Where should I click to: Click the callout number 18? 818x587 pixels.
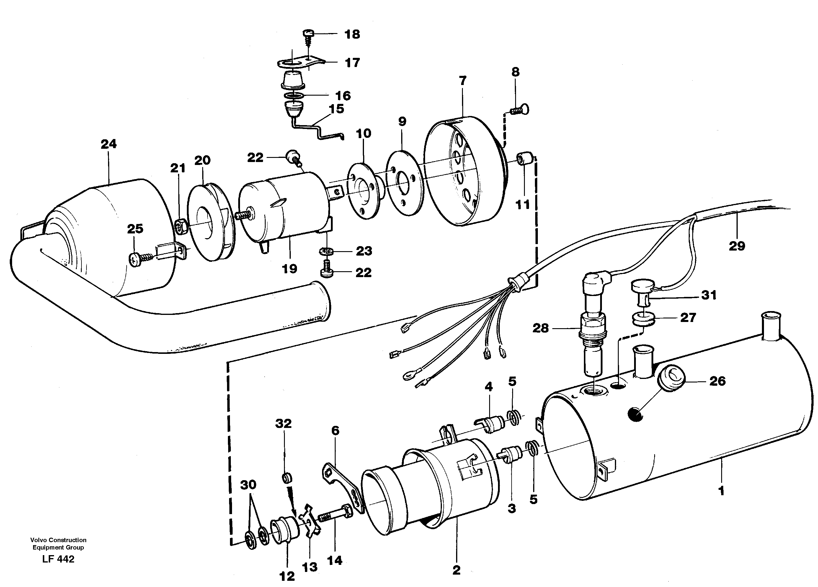352,35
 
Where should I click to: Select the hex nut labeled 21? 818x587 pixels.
180,226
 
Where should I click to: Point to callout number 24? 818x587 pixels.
109,144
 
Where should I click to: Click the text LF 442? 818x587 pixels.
58,559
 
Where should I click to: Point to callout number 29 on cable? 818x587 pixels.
737,246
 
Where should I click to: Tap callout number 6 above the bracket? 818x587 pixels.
335,431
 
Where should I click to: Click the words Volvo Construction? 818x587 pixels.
58,540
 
